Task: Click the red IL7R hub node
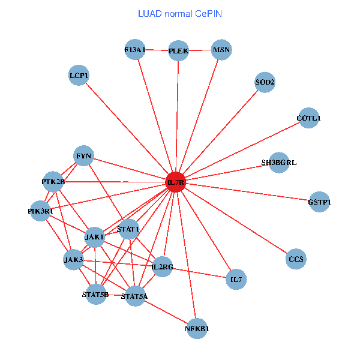coord(175,182)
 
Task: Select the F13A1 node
coord(136,50)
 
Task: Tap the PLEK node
coord(179,51)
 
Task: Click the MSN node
coord(221,50)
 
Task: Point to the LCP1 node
coord(79,76)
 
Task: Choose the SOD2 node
coord(265,82)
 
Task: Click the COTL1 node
coord(308,118)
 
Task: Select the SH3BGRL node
coord(279,163)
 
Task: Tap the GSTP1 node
coord(319,202)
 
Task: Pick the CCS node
coord(296,259)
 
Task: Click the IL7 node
coord(236,279)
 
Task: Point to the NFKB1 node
coord(197,328)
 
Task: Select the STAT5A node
coord(134,296)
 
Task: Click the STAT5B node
coord(96,294)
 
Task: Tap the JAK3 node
coord(74,260)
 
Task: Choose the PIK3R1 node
coord(41,211)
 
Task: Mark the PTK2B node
coord(53,181)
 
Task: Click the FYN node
coord(83,157)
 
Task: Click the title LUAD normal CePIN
coord(180,13)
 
